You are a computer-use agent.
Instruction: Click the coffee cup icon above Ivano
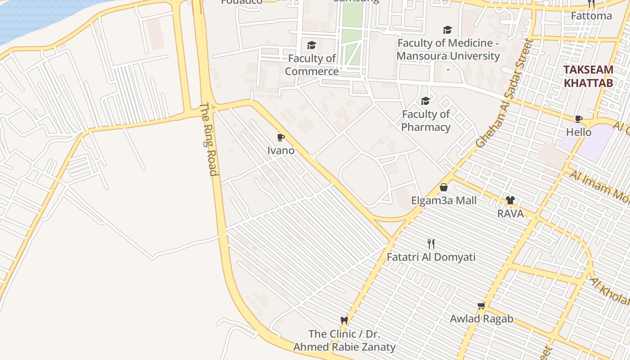281,137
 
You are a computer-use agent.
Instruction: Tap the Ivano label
281,150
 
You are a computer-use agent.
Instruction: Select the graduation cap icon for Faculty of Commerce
311,45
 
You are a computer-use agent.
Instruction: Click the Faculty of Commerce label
311,65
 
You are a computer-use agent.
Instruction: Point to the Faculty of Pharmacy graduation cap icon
425,101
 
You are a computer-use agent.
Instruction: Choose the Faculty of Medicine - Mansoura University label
448,49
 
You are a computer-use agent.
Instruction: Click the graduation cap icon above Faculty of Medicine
447,30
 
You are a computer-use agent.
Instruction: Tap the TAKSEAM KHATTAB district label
588,76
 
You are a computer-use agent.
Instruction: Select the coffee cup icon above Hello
579,119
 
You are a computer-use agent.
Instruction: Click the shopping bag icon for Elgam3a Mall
444,187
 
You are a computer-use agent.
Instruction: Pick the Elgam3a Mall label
444,200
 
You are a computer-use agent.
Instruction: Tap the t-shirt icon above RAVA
510,200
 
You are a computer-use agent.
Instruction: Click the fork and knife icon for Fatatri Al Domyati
431,244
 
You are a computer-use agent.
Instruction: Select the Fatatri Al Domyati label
431,257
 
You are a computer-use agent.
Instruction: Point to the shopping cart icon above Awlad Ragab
481,306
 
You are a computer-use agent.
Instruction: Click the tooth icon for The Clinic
344,320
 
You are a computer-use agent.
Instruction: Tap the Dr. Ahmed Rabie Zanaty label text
344,347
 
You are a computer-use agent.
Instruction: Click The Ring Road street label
208,139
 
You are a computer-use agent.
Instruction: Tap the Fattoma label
591,16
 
